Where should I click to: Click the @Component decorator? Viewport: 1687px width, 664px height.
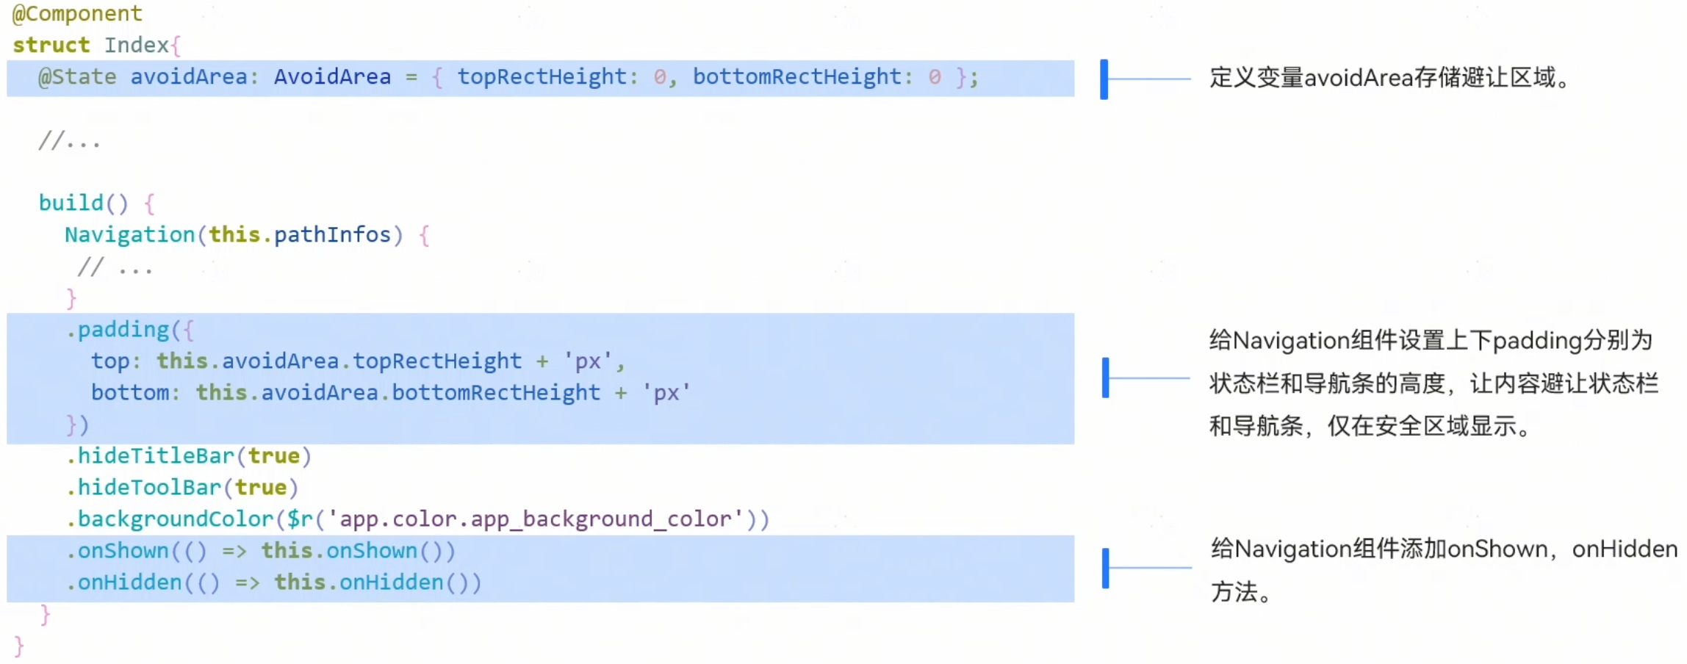[x=77, y=14]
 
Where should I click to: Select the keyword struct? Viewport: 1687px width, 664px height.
[x=51, y=45]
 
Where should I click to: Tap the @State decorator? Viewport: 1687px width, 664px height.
[x=77, y=77]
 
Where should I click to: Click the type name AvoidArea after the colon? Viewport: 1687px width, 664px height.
[x=332, y=77]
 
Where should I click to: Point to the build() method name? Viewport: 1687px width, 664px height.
[x=71, y=203]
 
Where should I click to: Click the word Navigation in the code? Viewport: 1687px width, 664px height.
[x=129, y=235]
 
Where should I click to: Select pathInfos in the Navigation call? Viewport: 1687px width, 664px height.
[x=332, y=235]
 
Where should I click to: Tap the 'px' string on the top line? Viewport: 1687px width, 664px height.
[x=588, y=361]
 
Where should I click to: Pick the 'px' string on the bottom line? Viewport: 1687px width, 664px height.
[x=666, y=393]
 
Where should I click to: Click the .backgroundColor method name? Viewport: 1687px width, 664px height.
[x=175, y=519]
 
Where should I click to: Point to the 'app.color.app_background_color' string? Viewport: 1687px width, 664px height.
[x=535, y=519]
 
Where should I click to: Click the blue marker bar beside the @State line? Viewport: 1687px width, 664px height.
[x=1104, y=79]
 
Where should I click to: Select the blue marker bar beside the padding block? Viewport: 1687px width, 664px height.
[x=1105, y=378]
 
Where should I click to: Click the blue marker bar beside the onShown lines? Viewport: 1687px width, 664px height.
[x=1105, y=568]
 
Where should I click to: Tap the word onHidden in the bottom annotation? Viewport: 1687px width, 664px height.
[x=1624, y=549]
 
